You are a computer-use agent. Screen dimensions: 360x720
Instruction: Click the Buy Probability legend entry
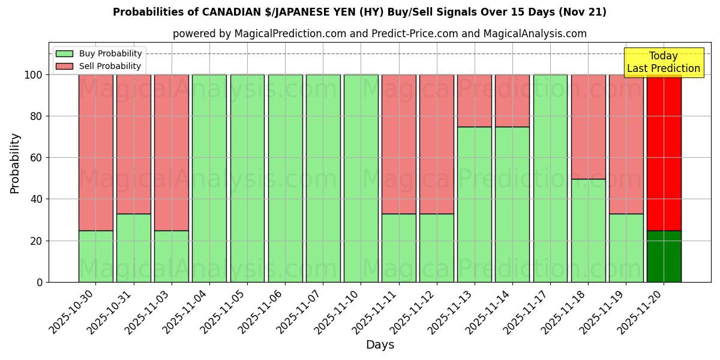(99, 53)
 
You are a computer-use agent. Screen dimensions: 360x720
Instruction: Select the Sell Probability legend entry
(99, 66)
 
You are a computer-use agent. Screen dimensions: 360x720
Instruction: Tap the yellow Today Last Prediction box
(664, 62)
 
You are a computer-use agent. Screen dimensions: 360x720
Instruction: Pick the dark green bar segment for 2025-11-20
(664, 256)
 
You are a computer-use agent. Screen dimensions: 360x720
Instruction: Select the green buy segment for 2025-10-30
(96, 256)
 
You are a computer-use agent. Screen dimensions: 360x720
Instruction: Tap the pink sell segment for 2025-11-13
(475, 100)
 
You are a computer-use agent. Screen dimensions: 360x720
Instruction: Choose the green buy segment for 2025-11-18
(589, 230)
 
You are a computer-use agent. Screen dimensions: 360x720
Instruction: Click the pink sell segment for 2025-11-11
(399, 144)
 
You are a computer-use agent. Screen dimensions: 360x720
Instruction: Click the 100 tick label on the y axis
(34, 75)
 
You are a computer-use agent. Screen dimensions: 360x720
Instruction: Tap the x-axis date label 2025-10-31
(112, 311)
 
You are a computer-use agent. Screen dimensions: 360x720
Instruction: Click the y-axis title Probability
(15, 163)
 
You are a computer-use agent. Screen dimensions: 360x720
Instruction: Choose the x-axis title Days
(380, 345)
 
